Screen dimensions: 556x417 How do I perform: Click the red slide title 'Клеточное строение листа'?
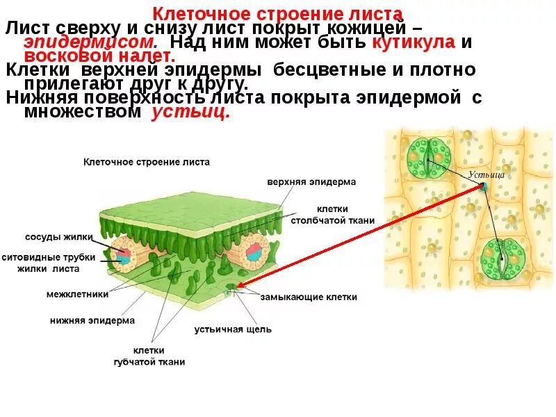pos(277,14)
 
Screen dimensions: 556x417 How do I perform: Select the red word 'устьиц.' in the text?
pos(190,113)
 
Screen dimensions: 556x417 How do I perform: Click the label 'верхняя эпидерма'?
pos(311,182)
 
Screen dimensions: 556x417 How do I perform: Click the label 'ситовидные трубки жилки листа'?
pos(49,262)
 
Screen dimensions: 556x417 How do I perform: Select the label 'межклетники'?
pos(77,294)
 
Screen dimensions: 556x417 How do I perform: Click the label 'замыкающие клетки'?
pos(309,297)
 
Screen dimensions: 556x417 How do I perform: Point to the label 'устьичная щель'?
pos(233,329)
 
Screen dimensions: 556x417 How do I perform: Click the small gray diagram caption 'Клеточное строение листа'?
pos(146,162)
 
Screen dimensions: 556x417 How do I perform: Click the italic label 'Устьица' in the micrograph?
pos(486,174)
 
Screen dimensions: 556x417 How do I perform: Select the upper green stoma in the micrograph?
pos(428,158)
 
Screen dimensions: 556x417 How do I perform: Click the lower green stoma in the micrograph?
pos(502,259)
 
